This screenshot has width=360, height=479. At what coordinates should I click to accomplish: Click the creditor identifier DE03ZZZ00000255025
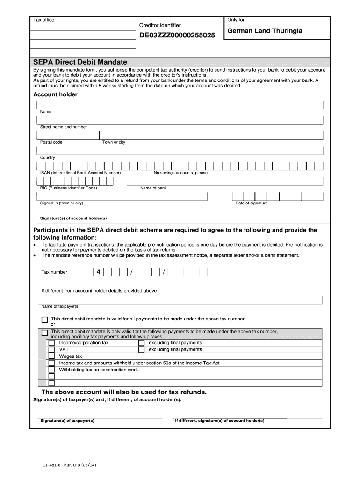point(178,35)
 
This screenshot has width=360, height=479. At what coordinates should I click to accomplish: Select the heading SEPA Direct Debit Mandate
point(80,62)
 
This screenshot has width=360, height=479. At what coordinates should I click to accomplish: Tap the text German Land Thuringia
point(265,31)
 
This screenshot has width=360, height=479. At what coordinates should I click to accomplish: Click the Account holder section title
point(55,94)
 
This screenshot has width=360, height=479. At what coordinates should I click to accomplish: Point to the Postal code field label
point(51,142)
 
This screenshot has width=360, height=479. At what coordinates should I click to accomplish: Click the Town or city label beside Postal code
point(114,142)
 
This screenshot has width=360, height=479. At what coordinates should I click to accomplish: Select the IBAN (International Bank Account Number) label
point(80,173)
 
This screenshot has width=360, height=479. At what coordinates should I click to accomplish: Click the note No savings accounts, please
point(180,173)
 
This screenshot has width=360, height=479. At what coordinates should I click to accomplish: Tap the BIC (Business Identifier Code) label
point(68,188)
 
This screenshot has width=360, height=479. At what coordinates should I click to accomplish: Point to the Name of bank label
point(153,188)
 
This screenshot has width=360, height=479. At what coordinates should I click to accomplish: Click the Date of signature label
point(252,203)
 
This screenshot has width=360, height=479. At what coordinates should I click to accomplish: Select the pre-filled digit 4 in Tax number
point(98,272)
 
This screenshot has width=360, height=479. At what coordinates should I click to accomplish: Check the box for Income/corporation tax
point(51,343)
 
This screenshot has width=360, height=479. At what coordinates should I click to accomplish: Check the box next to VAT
point(51,349)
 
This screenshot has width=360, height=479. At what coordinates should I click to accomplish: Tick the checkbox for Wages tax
point(51,356)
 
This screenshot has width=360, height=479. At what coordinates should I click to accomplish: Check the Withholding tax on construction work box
point(51,370)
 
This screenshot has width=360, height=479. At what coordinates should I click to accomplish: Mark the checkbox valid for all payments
point(44,320)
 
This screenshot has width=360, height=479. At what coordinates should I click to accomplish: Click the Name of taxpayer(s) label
point(60,306)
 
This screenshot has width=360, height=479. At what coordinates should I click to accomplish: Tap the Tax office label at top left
point(43,20)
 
